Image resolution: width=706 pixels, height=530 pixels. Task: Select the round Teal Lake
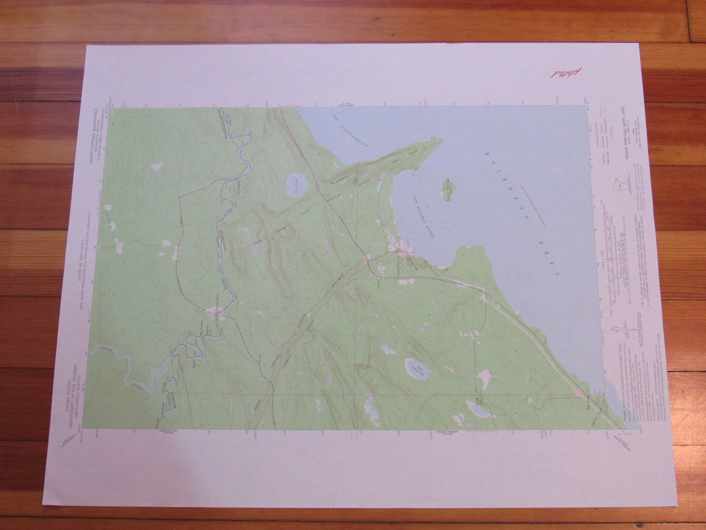pos(296,185)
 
